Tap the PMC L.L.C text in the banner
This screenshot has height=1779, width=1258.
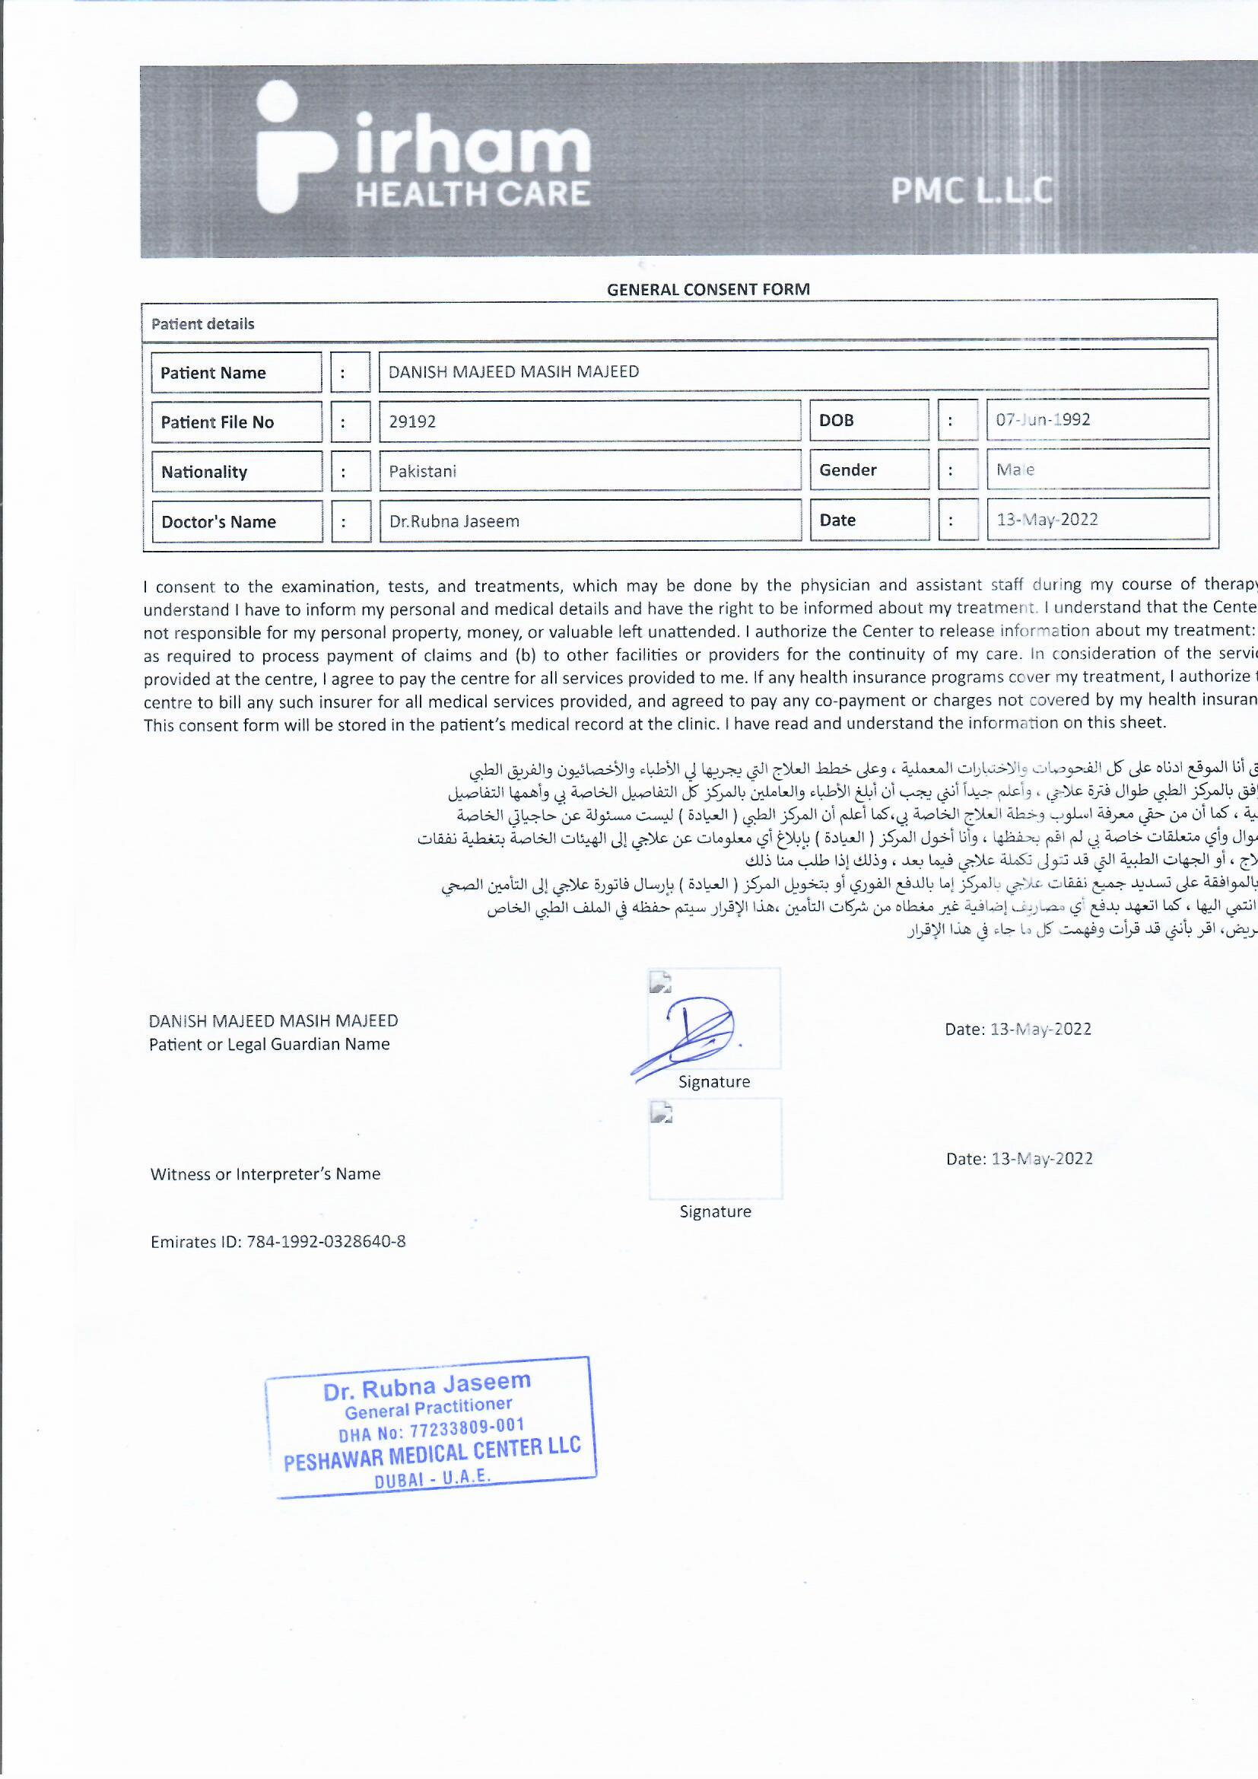click(x=971, y=190)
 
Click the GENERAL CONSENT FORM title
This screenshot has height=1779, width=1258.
click(x=708, y=290)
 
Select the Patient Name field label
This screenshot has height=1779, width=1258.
click(x=213, y=373)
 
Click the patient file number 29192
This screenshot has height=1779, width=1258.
click(x=412, y=422)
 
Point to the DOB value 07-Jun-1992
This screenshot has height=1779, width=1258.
click(x=1043, y=420)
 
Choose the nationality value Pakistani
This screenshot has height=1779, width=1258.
click(x=422, y=471)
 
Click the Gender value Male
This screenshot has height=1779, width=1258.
click(x=1015, y=469)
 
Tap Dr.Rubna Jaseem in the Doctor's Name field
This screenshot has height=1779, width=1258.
click(x=454, y=521)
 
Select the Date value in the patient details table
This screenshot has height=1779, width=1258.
click(x=1047, y=519)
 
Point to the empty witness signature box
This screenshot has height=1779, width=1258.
click(x=715, y=1148)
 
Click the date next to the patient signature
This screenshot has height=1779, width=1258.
click(x=1018, y=1029)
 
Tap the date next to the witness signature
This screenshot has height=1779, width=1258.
click(x=1019, y=1158)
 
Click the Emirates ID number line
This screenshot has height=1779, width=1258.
click(x=278, y=1242)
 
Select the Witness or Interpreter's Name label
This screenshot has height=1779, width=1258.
click(x=265, y=1174)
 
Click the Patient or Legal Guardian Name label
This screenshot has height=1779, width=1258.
click(x=268, y=1045)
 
